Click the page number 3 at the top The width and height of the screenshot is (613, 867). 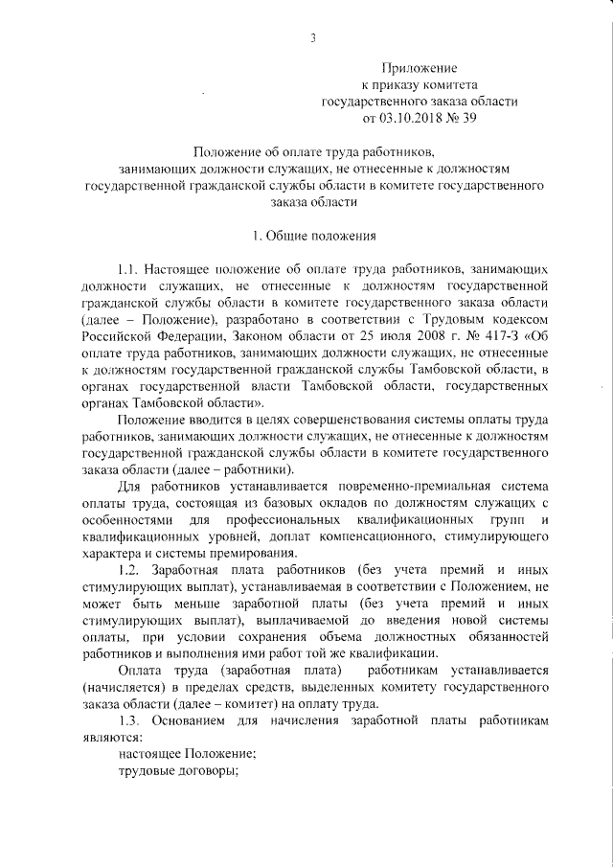coord(313,38)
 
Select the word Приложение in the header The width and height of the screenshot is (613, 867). coord(420,68)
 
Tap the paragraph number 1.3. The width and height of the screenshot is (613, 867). coord(128,719)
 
